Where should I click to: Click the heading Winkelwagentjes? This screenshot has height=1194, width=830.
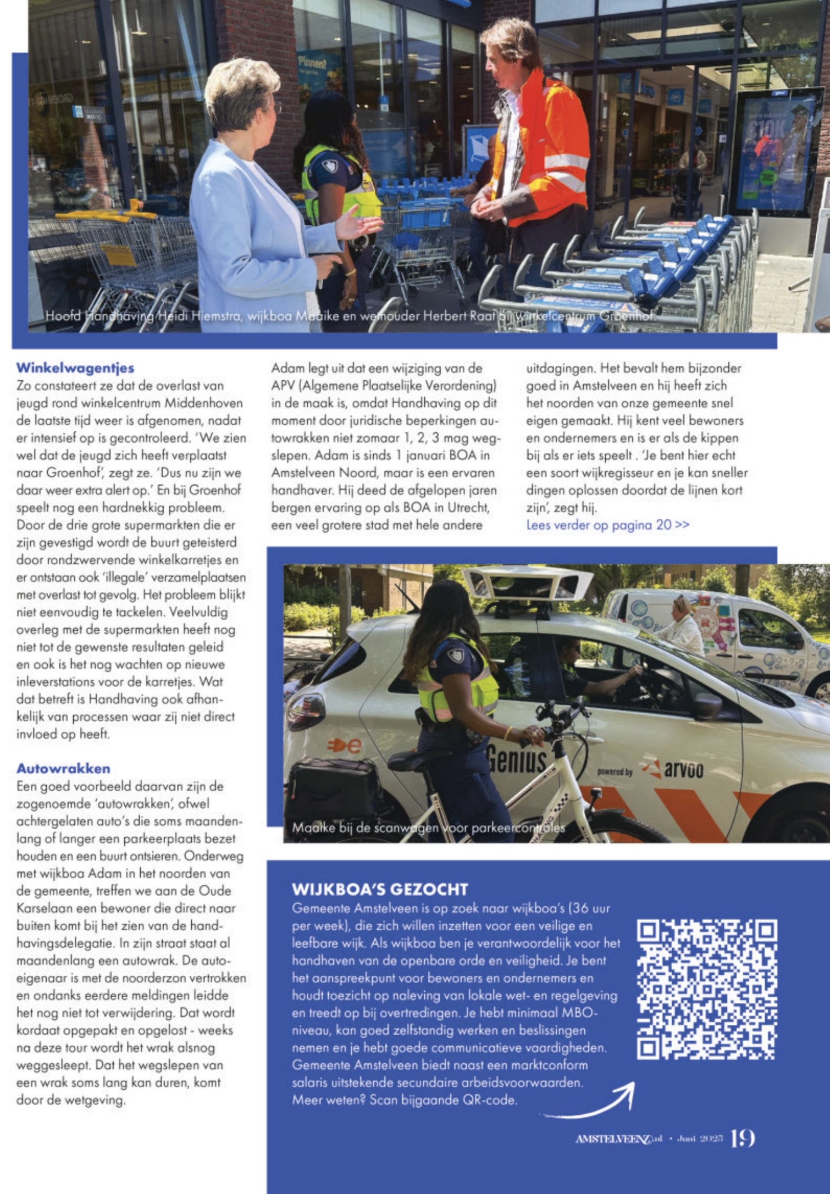click(x=75, y=368)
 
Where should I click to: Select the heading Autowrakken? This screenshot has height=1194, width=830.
click(x=63, y=768)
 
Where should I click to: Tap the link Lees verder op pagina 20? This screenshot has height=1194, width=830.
click(x=607, y=525)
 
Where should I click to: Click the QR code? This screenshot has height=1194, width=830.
click(x=706, y=989)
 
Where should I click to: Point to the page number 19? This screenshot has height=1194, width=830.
click(x=742, y=1139)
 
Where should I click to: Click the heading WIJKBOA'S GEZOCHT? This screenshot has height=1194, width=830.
click(x=380, y=889)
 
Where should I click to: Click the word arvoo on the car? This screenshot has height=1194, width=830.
click(x=683, y=769)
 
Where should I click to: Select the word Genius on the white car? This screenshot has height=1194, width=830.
click(x=517, y=759)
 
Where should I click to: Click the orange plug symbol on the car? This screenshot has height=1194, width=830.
click(x=344, y=746)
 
